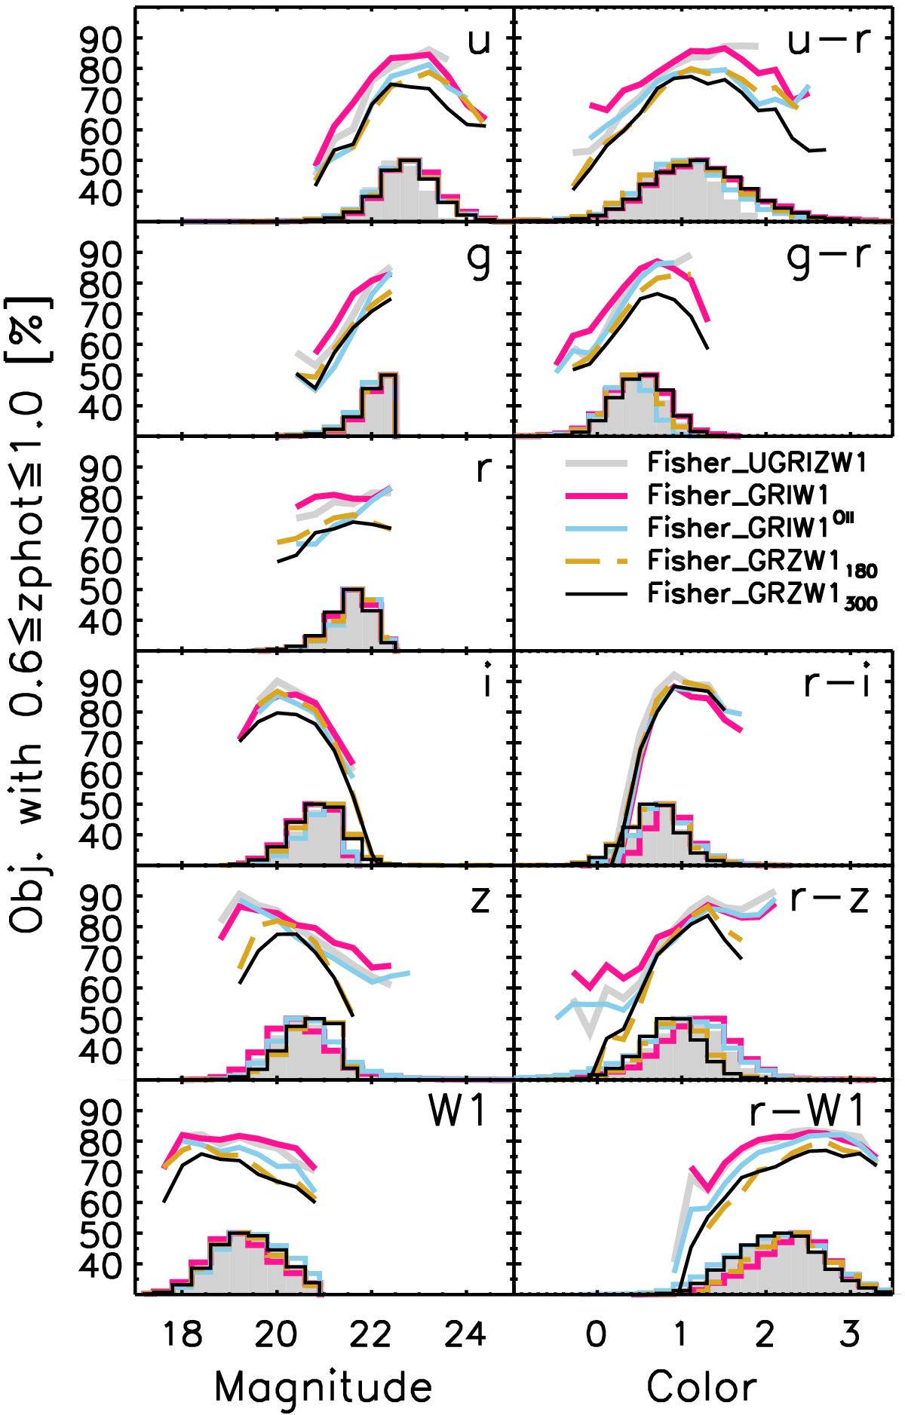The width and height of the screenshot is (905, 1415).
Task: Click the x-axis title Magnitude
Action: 324,1385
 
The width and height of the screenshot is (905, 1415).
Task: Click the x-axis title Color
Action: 701,1385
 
